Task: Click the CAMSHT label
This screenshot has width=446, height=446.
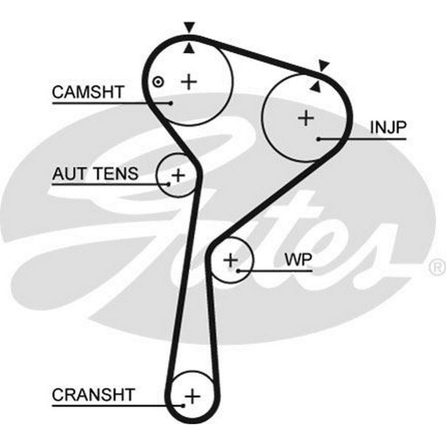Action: point(88,92)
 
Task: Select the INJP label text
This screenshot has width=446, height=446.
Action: point(388,128)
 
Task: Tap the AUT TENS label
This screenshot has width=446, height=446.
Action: point(95,173)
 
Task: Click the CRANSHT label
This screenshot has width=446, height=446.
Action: point(93,395)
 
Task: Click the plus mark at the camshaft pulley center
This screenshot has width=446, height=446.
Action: point(190,81)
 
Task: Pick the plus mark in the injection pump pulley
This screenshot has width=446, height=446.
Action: point(306,118)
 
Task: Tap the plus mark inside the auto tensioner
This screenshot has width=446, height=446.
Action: point(178,175)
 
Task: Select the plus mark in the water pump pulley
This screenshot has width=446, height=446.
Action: point(231,260)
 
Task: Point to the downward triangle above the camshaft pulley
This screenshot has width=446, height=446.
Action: point(190,28)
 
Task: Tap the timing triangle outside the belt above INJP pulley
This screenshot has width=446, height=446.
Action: point(324,66)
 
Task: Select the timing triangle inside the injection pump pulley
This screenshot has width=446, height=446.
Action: point(316,87)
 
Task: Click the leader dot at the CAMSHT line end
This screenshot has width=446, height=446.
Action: point(171,103)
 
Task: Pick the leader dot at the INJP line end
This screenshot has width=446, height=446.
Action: point(319,139)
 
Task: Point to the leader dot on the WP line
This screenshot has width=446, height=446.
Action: point(239,271)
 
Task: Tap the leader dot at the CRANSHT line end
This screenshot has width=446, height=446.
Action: point(183,405)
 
